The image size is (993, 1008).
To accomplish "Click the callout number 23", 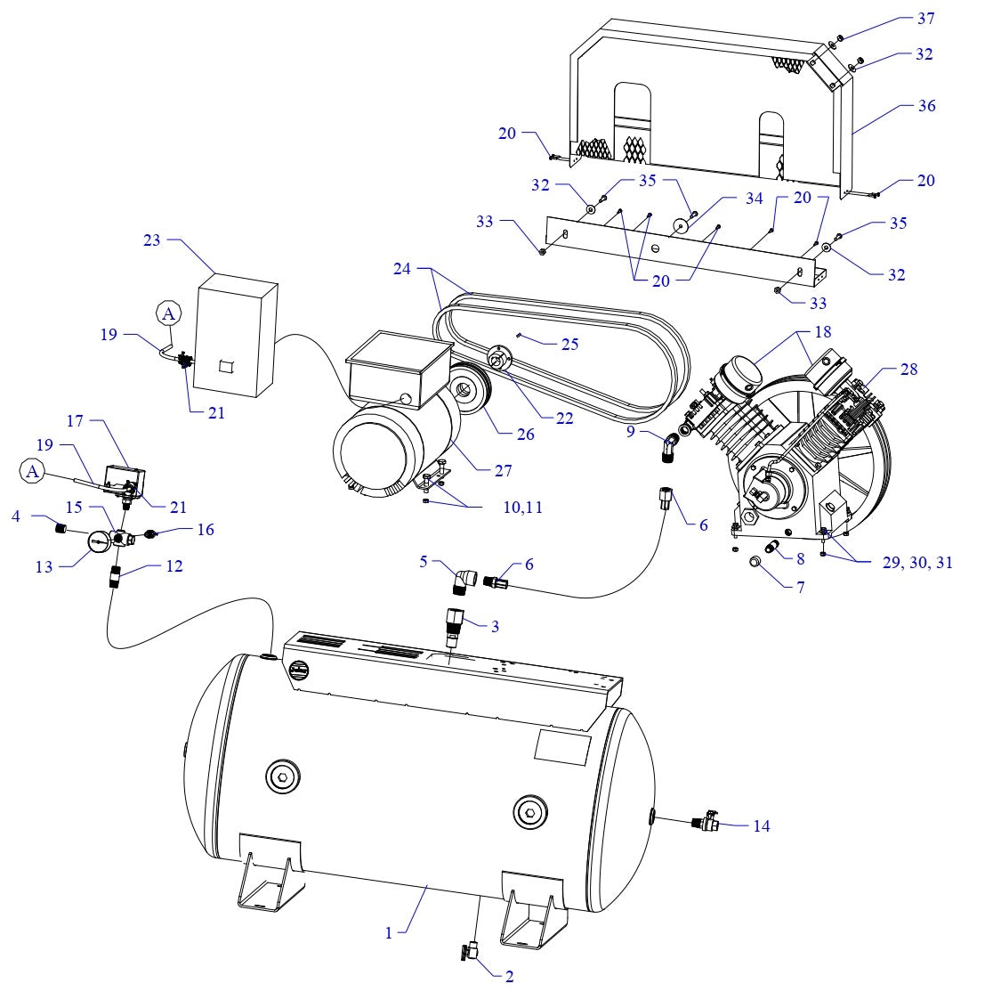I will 152,240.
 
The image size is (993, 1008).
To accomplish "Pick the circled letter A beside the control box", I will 168,313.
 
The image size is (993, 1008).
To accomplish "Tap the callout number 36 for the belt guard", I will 925,105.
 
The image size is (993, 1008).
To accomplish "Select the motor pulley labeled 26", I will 465,391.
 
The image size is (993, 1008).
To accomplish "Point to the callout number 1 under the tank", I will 389,932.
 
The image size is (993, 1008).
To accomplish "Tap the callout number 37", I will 925,18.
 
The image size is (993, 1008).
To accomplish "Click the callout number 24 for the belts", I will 403,268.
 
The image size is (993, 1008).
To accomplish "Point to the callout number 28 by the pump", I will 908,369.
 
